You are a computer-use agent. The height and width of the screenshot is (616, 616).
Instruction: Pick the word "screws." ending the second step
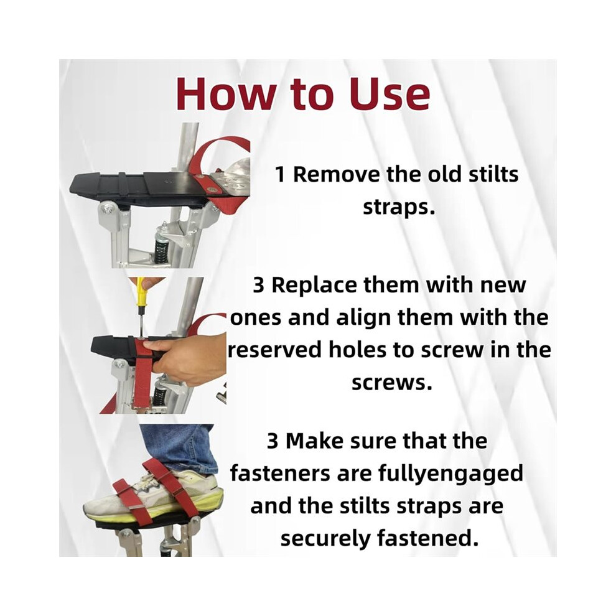391,382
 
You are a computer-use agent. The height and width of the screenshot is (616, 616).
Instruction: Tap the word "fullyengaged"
450,474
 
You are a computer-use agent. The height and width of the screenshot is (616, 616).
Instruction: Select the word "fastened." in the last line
428,538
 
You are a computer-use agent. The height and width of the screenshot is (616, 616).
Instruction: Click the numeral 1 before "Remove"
280,174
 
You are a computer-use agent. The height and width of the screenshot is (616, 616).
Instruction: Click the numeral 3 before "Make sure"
273,442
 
